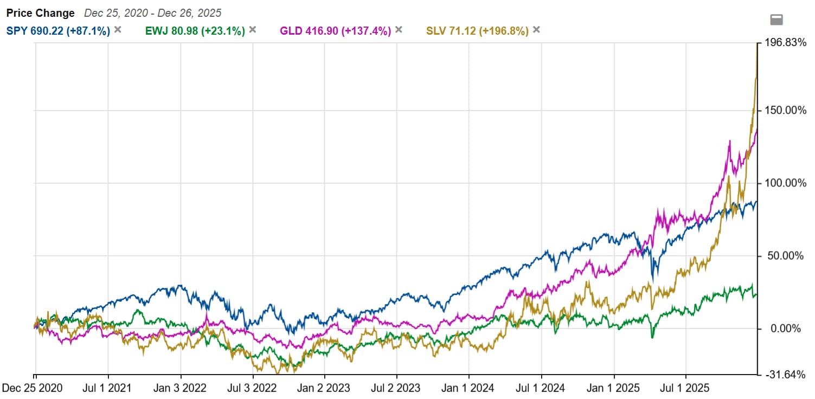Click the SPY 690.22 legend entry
click(58, 31)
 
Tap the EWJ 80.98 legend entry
click(195, 31)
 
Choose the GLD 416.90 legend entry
click(335, 31)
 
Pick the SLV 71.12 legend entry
click(477, 31)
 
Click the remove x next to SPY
click(118, 30)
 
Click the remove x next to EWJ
click(252, 30)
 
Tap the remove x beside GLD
click(399, 30)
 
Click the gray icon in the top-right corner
click(777, 20)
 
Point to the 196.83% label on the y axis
click(784, 43)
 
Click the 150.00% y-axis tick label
click(784, 111)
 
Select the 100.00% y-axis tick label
click(784, 183)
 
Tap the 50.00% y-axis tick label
click(786, 256)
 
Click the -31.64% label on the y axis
click(785, 375)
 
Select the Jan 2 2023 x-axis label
click(324, 388)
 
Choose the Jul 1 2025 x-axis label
click(686, 388)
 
